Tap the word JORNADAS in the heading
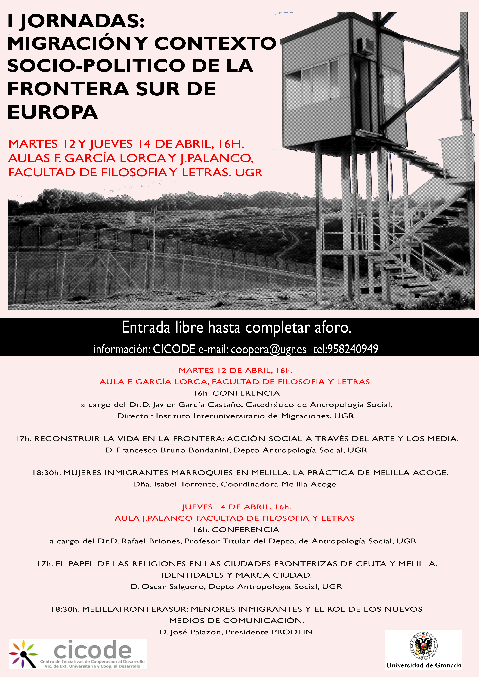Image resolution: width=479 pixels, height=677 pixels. click(83, 21)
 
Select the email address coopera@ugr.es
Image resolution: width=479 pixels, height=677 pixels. click(268, 349)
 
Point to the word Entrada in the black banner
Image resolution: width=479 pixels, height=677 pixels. click(146, 328)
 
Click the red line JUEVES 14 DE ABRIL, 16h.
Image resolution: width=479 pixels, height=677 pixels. click(236, 507)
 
